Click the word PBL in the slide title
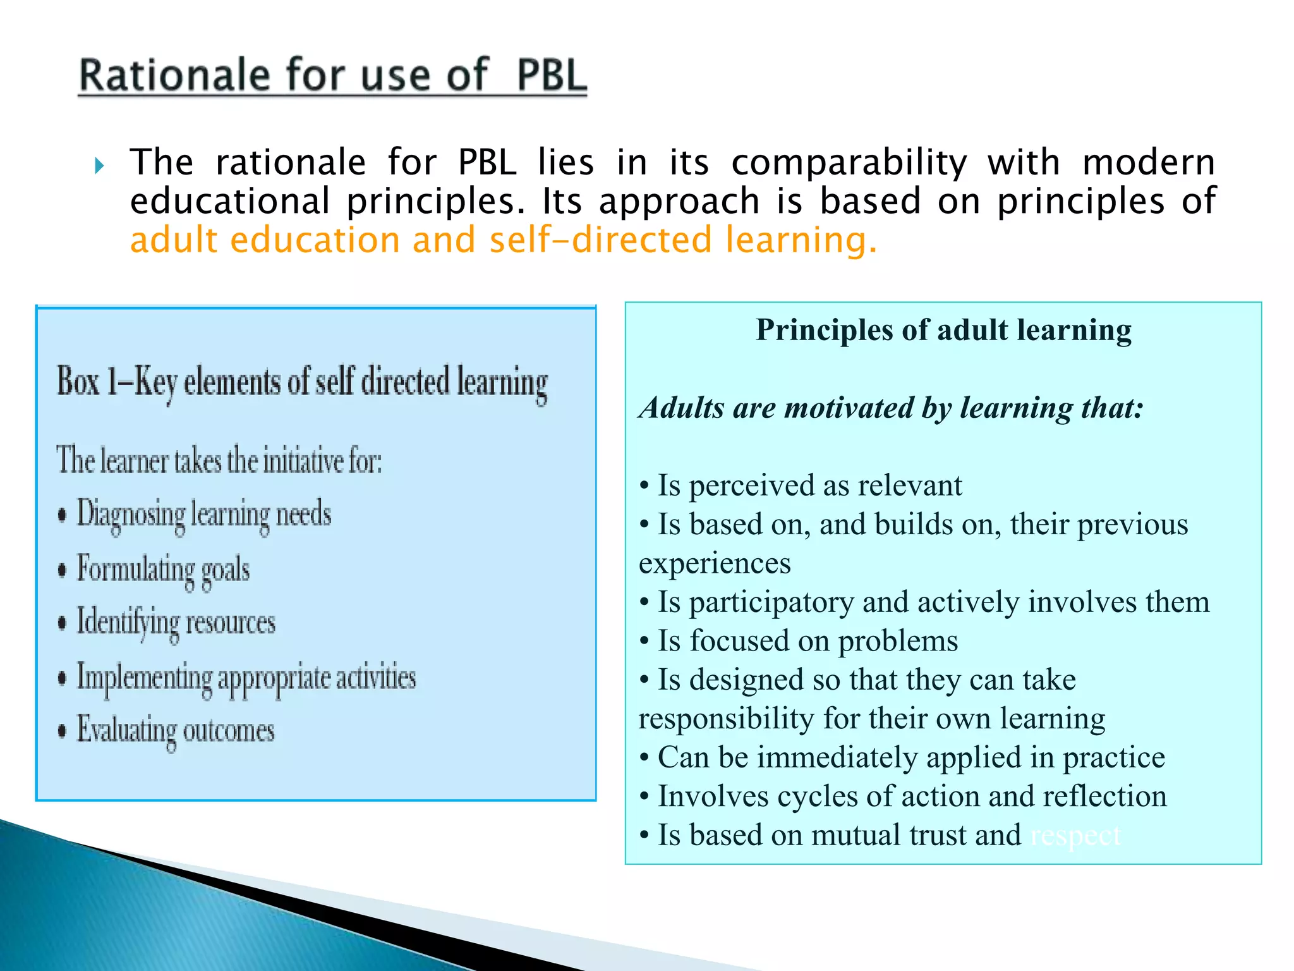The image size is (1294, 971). coord(551,76)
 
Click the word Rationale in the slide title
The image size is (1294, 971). coord(174,76)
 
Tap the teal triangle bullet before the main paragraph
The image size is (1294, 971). coord(99,166)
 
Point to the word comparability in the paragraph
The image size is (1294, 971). coord(849,163)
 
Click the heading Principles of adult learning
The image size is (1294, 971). coord(943,330)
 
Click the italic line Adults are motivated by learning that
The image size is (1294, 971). coord(891,408)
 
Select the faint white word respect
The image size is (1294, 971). coord(1075,836)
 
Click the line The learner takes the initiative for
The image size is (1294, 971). coord(219,460)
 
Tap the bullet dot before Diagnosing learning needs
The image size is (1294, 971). coord(62,515)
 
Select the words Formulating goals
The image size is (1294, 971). coord(163,569)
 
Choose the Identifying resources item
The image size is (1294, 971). coord(176,623)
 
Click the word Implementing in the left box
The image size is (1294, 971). coord(144,678)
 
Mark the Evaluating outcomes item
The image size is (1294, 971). coord(176,731)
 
